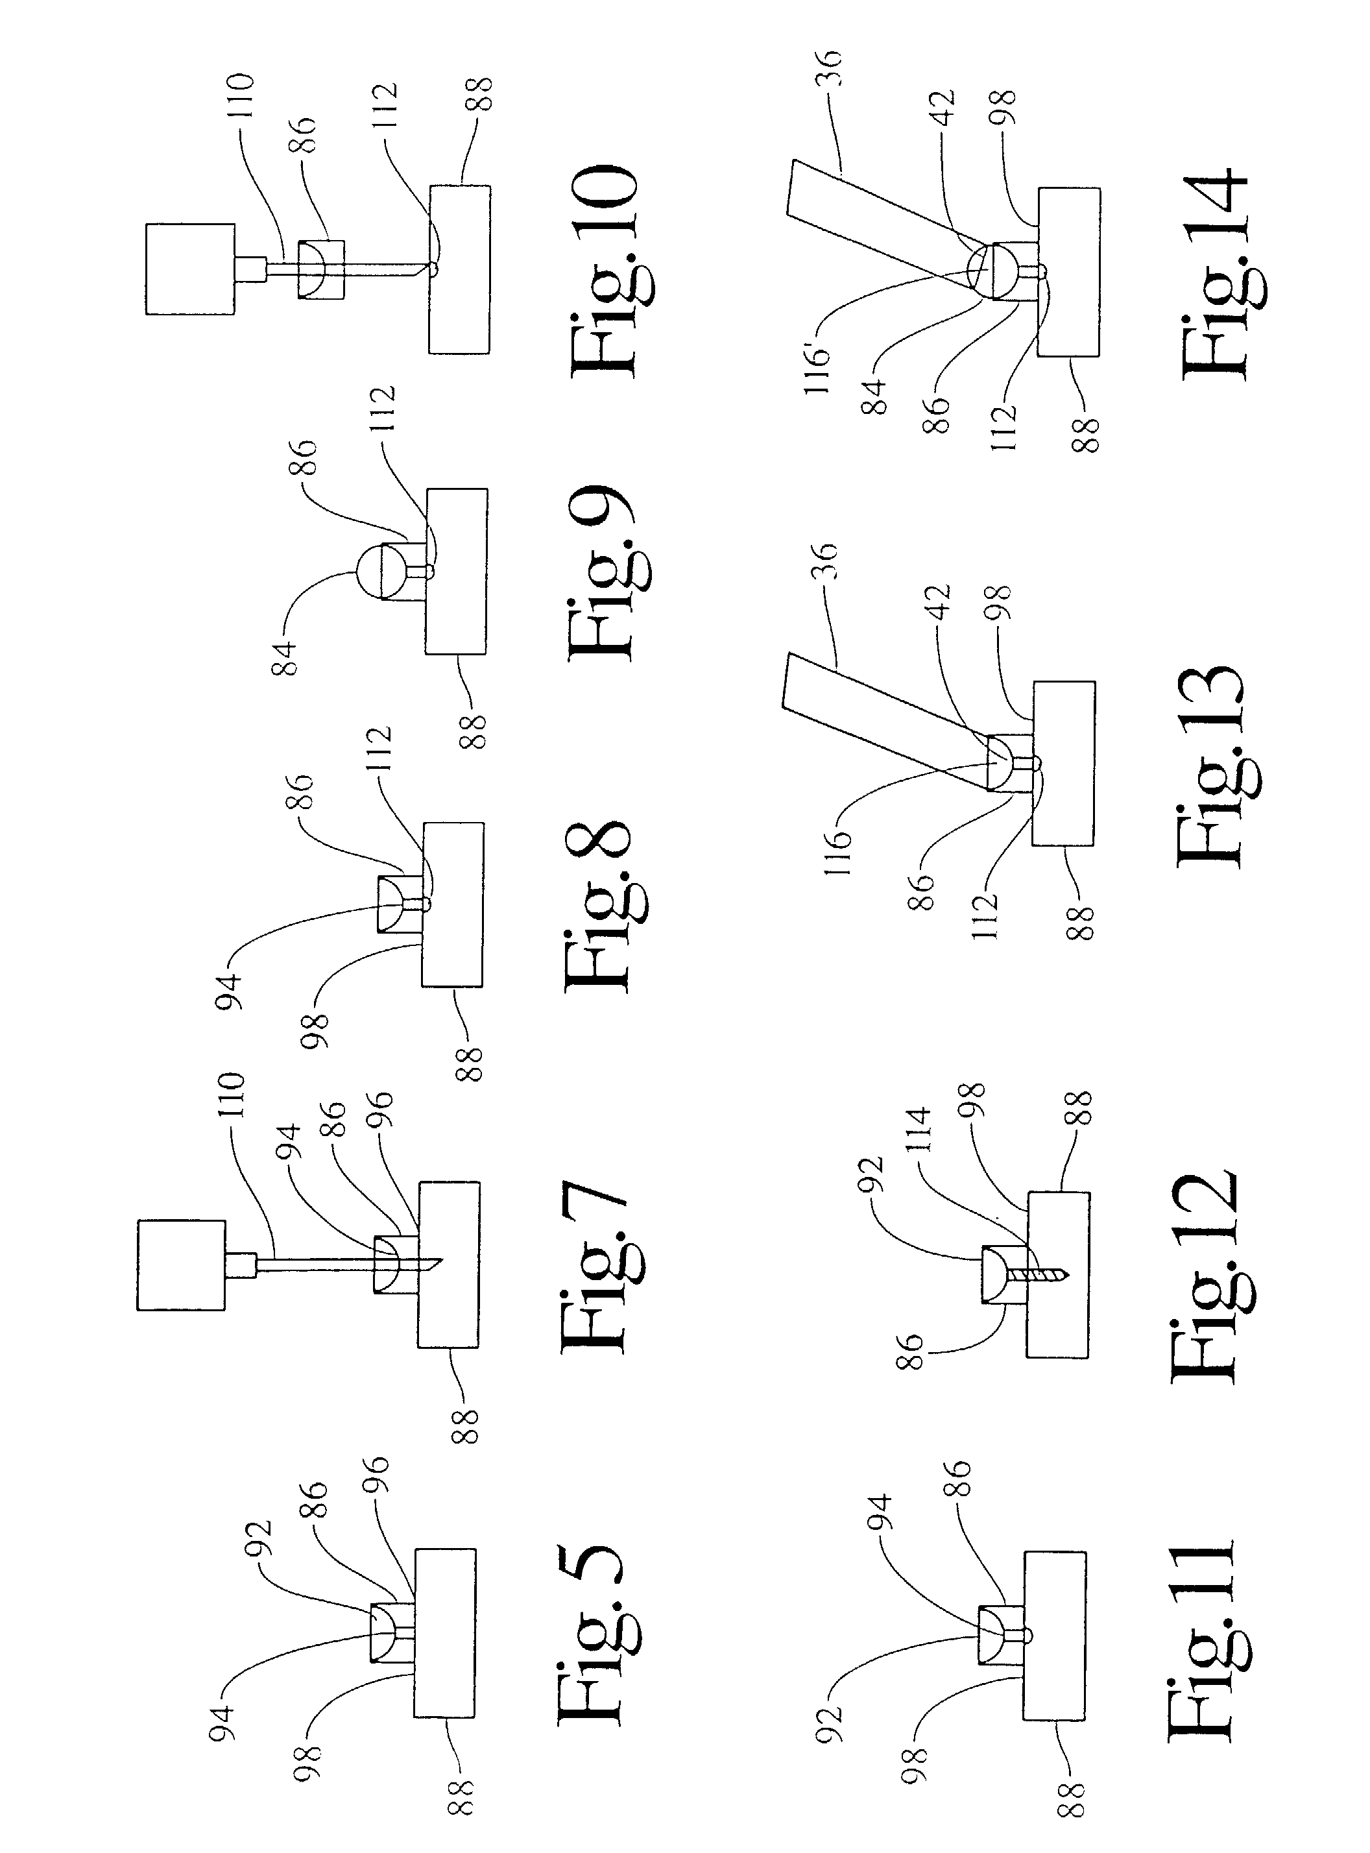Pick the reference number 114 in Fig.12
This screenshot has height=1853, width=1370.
coord(920,1129)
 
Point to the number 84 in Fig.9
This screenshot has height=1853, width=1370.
coord(285,657)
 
